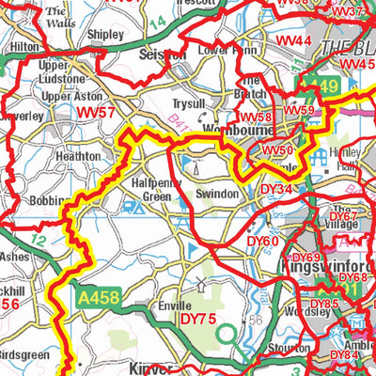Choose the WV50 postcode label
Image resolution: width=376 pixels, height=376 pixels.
[277, 150]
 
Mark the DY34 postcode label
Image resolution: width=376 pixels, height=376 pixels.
[276, 189]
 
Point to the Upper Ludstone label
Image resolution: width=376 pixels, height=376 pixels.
[61, 73]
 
